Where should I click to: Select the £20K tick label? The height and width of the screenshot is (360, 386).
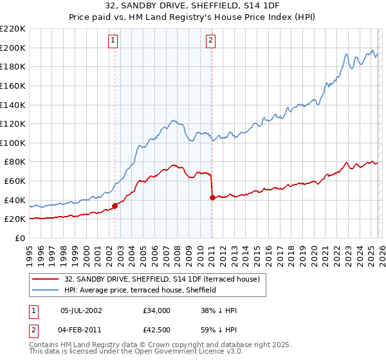pos(15,219)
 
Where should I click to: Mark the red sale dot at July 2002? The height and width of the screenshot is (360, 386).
pos(115,206)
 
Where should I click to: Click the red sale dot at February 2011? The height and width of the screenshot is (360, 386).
pos(212,197)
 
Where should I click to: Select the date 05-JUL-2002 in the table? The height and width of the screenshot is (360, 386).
pos(80,310)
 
